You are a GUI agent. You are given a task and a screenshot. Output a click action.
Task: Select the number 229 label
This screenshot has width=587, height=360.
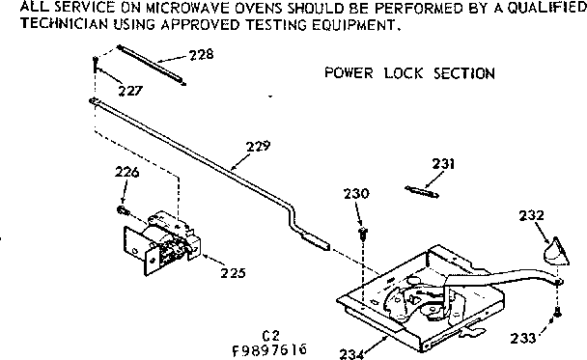click(x=258, y=147)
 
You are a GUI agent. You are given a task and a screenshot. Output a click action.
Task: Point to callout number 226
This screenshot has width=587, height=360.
click(x=127, y=173)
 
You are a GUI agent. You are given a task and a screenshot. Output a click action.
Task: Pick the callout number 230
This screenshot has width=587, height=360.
click(x=357, y=194)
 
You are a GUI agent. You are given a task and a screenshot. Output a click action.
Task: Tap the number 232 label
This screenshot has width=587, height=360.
click(x=532, y=214)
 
